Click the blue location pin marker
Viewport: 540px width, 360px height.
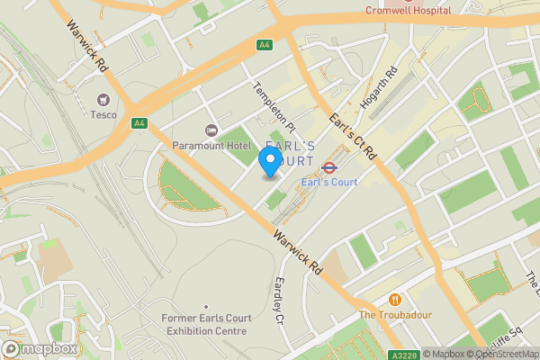click(268, 160)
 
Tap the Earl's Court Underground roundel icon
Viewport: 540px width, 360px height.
click(329, 166)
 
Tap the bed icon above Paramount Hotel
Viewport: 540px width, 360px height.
click(211, 130)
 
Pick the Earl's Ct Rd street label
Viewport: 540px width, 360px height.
click(351, 136)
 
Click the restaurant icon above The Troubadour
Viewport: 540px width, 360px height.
click(394, 299)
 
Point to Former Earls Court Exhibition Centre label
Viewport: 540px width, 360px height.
click(204, 324)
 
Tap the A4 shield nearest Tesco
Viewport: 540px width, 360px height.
click(139, 123)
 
